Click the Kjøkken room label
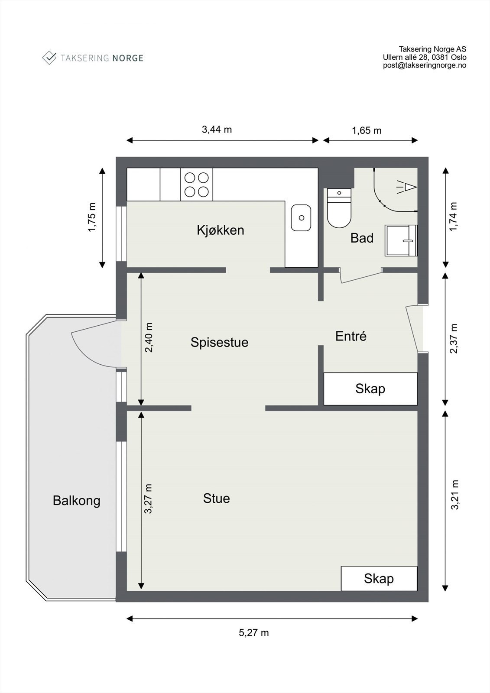[x=221, y=230]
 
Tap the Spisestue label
[x=220, y=343]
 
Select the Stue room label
[x=216, y=499]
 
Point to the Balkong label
[x=76, y=501]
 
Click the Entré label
[x=351, y=336]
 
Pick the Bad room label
[x=362, y=238]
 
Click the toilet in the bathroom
[x=339, y=208]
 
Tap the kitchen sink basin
[x=301, y=218]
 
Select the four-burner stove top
[x=197, y=185]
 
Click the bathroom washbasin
[x=401, y=241]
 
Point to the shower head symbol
[x=407, y=187]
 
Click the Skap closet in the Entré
[x=370, y=389]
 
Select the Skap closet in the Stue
[x=379, y=579]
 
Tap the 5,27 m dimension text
[x=254, y=633]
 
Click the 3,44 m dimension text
[x=217, y=130]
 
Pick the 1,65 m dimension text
[x=367, y=130]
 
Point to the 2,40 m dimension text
[x=149, y=338]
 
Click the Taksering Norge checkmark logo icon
[x=49, y=58]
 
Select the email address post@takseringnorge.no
[x=425, y=65]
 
